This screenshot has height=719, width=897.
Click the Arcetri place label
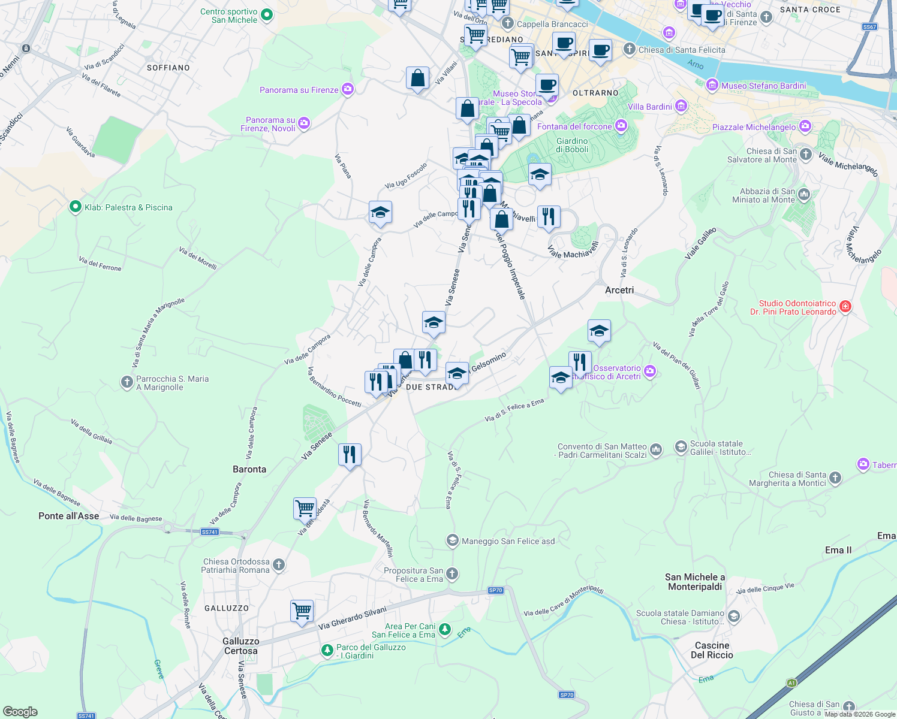(619, 290)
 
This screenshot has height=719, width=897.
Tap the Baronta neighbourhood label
(249, 469)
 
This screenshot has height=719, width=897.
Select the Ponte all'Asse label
(69, 516)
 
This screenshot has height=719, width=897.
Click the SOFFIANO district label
(168, 68)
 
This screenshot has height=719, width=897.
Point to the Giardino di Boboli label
(572, 145)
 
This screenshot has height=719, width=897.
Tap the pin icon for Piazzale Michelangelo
(805, 126)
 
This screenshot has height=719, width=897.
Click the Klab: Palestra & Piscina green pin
(75, 207)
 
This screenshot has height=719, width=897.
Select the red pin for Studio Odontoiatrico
(845, 307)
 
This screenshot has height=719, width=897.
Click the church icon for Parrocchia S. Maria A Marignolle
(127, 382)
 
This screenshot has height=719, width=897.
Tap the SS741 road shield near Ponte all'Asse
(209, 531)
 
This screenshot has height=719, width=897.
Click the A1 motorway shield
(791, 682)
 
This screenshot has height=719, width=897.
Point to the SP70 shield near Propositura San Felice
(495, 590)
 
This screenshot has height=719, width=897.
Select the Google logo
(20, 712)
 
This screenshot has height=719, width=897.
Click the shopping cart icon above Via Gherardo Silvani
(302, 611)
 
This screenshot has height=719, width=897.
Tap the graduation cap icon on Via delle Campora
(380, 212)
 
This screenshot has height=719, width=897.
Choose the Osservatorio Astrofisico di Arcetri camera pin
(650, 372)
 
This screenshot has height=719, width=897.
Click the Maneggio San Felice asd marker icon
(452, 541)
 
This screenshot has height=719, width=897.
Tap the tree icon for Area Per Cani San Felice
(444, 629)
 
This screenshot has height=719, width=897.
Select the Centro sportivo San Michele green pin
(267, 14)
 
